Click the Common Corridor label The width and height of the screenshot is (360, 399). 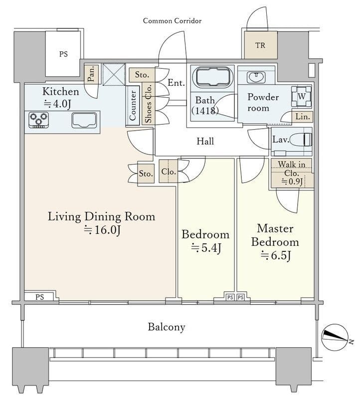coord(172,21)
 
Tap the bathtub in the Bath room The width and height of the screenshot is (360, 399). coord(213,77)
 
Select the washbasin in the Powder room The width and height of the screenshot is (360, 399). coord(256,77)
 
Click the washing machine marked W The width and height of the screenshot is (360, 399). coord(302,96)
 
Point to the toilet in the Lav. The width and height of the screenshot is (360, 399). coord(301,140)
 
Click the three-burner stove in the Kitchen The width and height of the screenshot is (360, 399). coord(39,120)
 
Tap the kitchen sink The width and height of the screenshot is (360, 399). coord(84,120)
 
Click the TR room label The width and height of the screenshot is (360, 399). coord(260,45)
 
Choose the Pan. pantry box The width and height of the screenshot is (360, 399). coord(91,73)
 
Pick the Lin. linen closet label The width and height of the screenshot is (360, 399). coord(303,117)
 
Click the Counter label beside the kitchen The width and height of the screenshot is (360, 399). coord(133,106)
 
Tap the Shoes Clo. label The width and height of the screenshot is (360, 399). coord(148,103)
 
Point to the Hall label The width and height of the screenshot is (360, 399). coord(205,141)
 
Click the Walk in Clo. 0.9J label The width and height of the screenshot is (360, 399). coord(292,173)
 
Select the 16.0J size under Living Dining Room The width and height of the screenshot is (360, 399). coord(102,230)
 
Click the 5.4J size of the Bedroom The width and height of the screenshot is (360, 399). coord(206,248)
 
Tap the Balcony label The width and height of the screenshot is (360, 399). coord(167,327)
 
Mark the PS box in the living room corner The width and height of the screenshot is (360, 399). coord(39,297)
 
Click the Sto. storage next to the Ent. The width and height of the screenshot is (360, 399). coord(142,75)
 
